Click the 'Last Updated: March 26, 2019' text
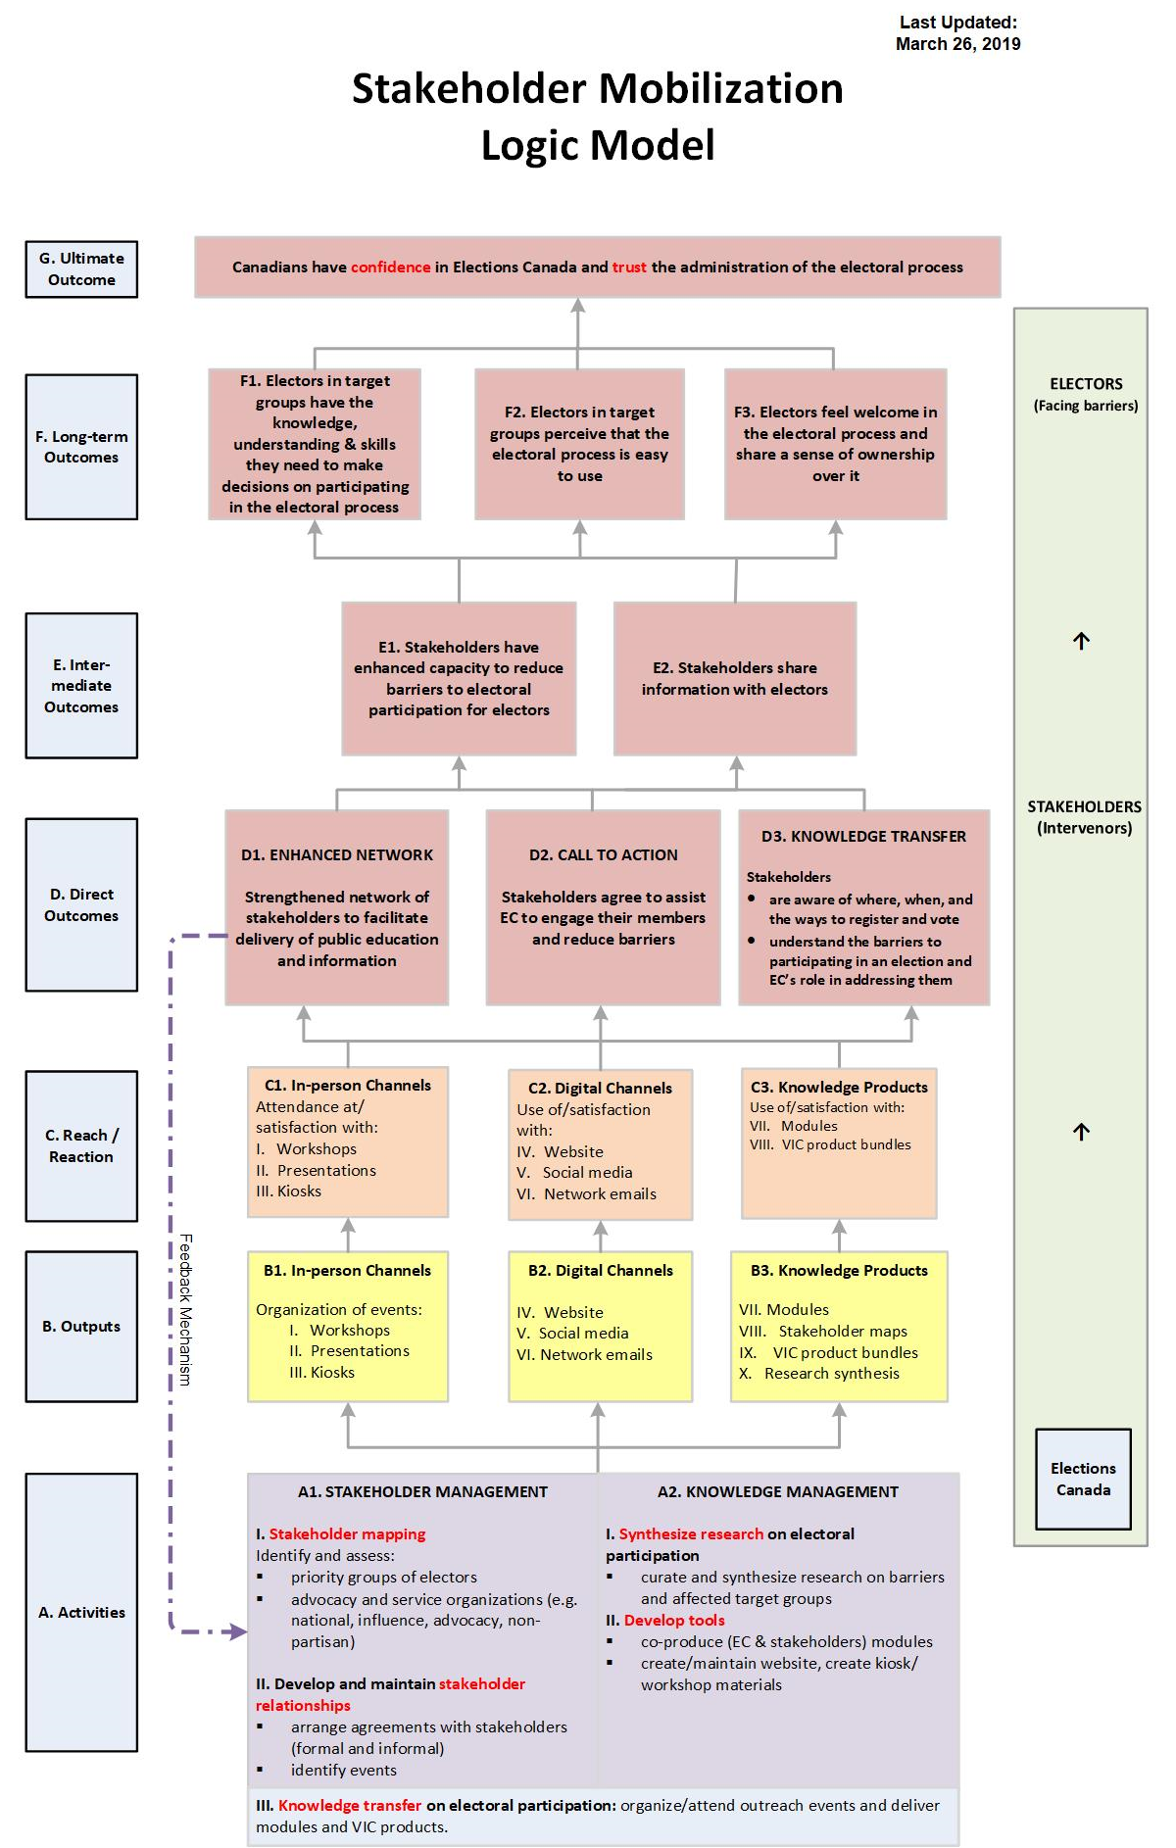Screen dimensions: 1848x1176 pyautogui.click(x=957, y=33)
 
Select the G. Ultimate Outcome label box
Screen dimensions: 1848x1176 pyautogui.click(x=81, y=269)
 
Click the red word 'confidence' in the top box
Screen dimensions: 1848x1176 pyautogui.click(x=390, y=267)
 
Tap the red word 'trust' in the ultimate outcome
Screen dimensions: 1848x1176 pyautogui.click(x=629, y=267)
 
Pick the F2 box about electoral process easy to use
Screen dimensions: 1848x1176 pyautogui.click(x=579, y=444)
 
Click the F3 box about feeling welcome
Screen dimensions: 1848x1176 pyautogui.click(x=835, y=444)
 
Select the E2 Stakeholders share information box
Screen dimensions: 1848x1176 pyautogui.click(x=735, y=678)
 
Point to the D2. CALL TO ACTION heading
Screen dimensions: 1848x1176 pyautogui.click(x=603, y=854)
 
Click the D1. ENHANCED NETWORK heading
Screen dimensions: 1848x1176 pyautogui.click(x=337, y=854)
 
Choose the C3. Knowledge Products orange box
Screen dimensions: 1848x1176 pyautogui.click(x=839, y=1143)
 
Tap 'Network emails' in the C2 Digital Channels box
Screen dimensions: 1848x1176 pyautogui.click(x=600, y=1194)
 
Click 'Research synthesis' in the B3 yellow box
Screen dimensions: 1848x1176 pyautogui.click(x=831, y=1374)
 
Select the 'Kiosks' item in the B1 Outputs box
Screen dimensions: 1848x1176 pyautogui.click(x=332, y=1373)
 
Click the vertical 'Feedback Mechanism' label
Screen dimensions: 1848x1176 pyautogui.click(x=185, y=1309)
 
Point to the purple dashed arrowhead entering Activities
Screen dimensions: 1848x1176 pyautogui.click(x=237, y=1631)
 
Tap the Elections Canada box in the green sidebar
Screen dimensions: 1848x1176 pyautogui.click(x=1083, y=1479)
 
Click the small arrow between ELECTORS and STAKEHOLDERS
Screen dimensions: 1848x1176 pyautogui.click(x=1081, y=641)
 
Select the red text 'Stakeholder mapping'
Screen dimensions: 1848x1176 pyautogui.click(x=347, y=1534)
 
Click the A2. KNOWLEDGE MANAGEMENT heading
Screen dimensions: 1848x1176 pyautogui.click(x=777, y=1492)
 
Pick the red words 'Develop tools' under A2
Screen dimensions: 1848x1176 pyautogui.click(x=674, y=1621)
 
